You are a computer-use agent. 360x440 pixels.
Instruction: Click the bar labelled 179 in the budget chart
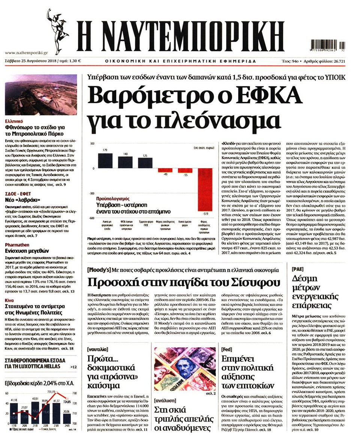coord(108,161)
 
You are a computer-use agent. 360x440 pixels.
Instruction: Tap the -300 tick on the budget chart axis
coord(91,193)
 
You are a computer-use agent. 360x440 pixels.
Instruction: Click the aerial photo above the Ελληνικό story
coord(41,95)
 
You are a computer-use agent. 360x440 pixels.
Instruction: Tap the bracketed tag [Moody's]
coord(99,270)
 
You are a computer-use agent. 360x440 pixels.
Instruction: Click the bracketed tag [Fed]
coord(228,349)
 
